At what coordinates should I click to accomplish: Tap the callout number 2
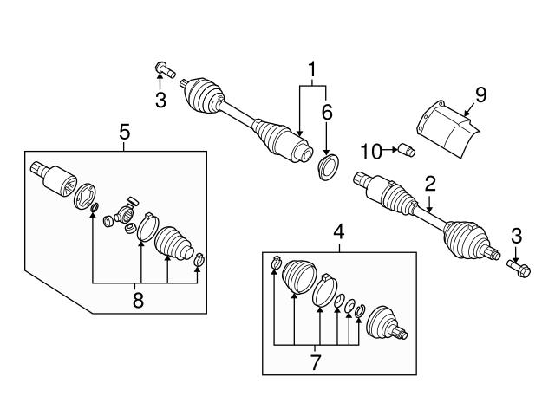click(428, 183)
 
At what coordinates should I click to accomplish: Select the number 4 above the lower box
click(339, 232)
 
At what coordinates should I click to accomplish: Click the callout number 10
click(369, 152)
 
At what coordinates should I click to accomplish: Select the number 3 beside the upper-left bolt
click(160, 100)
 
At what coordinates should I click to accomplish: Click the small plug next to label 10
click(407, 151)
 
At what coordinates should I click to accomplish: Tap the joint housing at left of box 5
click(51, 178)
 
